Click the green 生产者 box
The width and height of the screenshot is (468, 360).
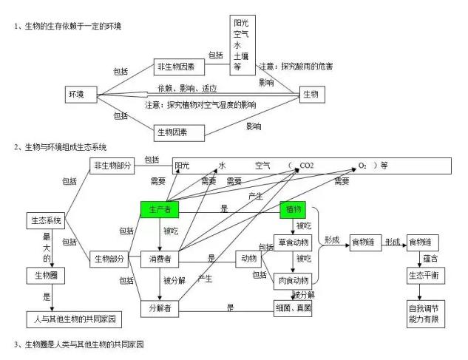coord(160,211)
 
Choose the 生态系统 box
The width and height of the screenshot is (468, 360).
coord(47,220)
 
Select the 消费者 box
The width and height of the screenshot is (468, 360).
coord(160,259)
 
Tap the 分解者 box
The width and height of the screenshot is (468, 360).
coord(160,308)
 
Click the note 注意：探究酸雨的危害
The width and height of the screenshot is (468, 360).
coord(296,67)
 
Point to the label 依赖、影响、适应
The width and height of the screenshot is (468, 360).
coord(182,89)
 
